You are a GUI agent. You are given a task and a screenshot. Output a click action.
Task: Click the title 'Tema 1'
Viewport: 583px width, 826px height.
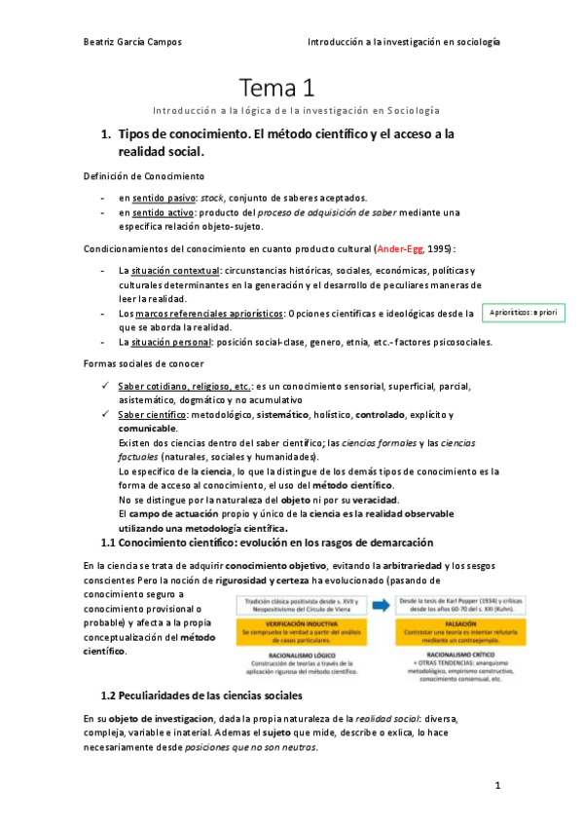(277, 89)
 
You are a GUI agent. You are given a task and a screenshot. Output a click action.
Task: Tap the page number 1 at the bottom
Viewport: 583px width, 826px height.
(497, 784)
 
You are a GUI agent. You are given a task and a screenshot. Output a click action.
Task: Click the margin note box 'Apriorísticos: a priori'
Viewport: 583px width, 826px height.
(524, 312)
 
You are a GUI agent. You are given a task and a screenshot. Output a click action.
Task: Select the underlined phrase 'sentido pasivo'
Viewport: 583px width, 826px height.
(164, 197)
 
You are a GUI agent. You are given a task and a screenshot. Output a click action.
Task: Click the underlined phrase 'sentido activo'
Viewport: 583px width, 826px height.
(164, 211)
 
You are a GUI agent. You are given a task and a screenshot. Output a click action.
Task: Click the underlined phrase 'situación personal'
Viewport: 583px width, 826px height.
(169, 341)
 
